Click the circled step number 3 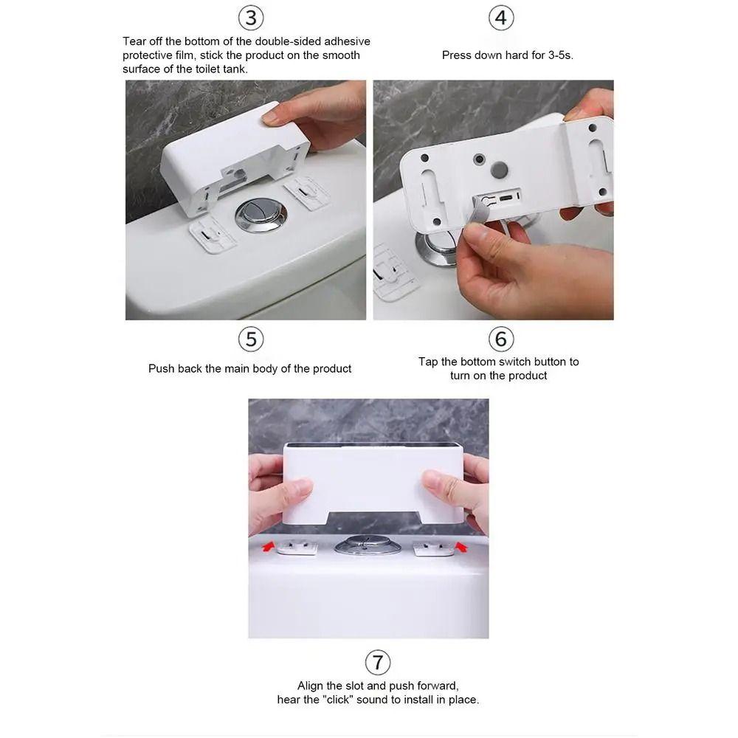click(251, 18)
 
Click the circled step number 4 click(501, 18)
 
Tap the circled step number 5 click(251, 339)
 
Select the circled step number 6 click(501, 339)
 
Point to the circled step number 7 click(377, 662)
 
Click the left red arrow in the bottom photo click(269, 546)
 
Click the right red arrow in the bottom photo click(462, 546)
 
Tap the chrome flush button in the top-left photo click(261, 215)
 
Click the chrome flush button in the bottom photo click(368, 545)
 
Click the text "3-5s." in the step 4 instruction click(561, 55)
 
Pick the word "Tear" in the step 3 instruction click(134, 41)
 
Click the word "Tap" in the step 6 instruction click(428, 362)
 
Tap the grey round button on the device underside click(500, 169)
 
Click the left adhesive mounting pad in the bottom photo click(297, 548)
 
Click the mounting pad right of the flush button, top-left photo click(306, 193)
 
